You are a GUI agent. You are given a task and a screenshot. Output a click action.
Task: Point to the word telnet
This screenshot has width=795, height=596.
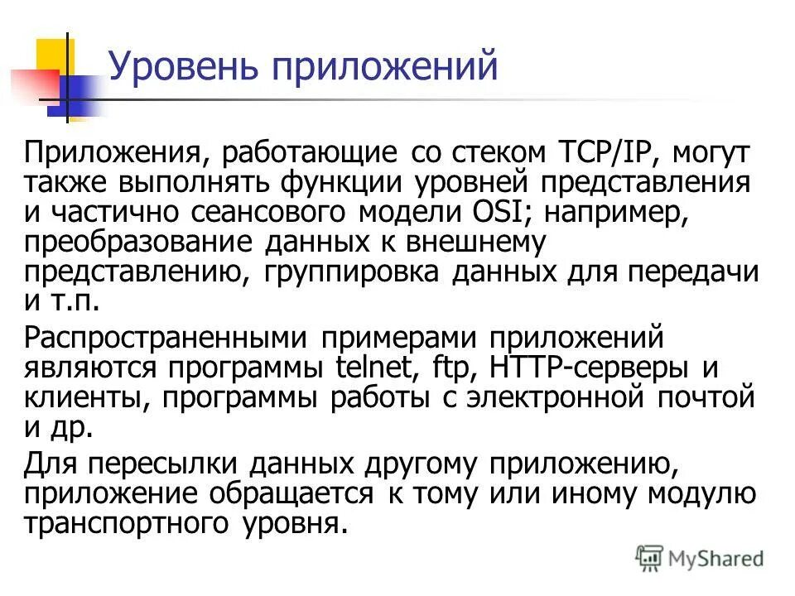pos(380,368)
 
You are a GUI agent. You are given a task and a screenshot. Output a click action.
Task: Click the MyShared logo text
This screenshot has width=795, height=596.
pos(716,558)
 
